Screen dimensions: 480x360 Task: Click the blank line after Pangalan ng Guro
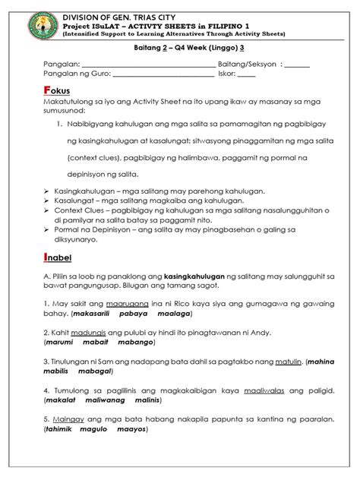click(163, 74)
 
